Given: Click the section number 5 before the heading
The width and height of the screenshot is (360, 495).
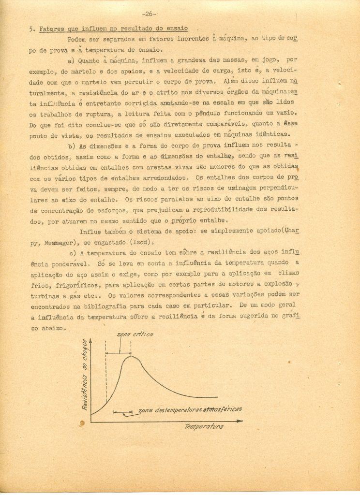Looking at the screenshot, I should coord(30,29).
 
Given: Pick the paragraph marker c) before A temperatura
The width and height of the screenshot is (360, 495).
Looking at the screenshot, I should coord(71,252).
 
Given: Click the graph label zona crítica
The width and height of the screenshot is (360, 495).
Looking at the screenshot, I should coord(135,335).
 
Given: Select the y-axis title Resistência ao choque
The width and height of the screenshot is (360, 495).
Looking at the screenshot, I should coord(85,375).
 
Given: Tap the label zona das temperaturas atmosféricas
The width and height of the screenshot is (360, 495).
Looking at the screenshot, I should coord(190,409).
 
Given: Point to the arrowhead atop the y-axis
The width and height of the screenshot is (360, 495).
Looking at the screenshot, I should coord(91,341).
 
